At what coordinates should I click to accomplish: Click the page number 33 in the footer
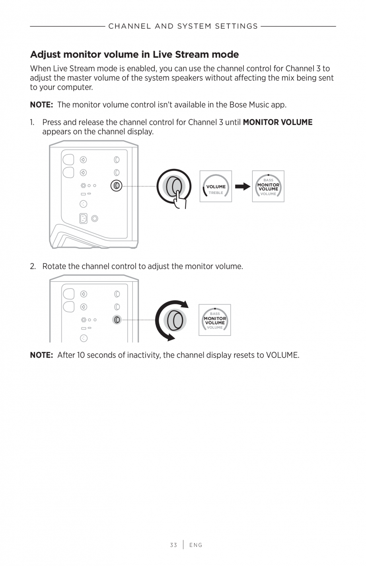coord(173,545)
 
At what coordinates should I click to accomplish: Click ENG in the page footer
coord(196,545)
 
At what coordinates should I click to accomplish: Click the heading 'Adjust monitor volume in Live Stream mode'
coord(134,55)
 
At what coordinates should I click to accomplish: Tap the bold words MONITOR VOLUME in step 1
coord(277,122)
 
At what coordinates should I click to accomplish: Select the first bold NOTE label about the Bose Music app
coord(41,105)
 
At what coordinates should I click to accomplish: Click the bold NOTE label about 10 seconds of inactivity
coord(41,355)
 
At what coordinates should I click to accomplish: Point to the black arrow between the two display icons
coord(242,186)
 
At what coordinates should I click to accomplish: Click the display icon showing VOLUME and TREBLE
coord(216,186)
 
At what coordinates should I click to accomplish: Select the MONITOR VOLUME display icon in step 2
coord(215,320)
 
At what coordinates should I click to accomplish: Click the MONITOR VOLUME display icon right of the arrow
coord(268,186)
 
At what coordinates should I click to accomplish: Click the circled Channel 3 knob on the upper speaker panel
coord(117,186)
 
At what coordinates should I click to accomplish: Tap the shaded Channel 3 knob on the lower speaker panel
coord(117,319)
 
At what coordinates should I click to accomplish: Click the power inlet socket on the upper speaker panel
coord(83,218)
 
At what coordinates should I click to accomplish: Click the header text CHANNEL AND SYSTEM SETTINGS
coord(183,26)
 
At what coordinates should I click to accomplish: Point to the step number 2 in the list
coord(33,266)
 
